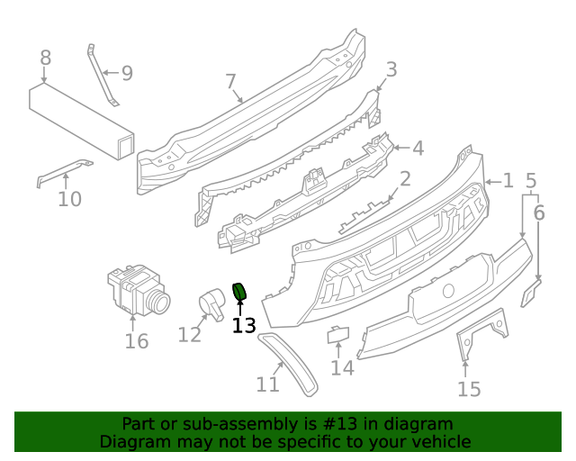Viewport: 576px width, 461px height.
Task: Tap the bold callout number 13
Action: coord(244,326)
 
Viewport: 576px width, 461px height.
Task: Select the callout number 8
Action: coord(46,59)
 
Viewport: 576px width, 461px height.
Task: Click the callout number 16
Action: coord(136,341)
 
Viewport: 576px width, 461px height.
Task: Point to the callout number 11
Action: coord(267,384)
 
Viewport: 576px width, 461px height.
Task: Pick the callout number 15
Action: coord(469,389)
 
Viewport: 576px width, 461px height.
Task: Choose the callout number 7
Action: coord(230,83)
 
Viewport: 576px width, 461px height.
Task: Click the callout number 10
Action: coord(69,199)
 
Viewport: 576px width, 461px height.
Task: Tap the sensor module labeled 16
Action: coord(137,290)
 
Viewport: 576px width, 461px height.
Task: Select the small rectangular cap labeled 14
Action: coord(338,334)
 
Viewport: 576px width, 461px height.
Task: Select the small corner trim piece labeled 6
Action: coord(532,292)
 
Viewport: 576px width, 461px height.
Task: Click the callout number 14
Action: coord(342,367)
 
